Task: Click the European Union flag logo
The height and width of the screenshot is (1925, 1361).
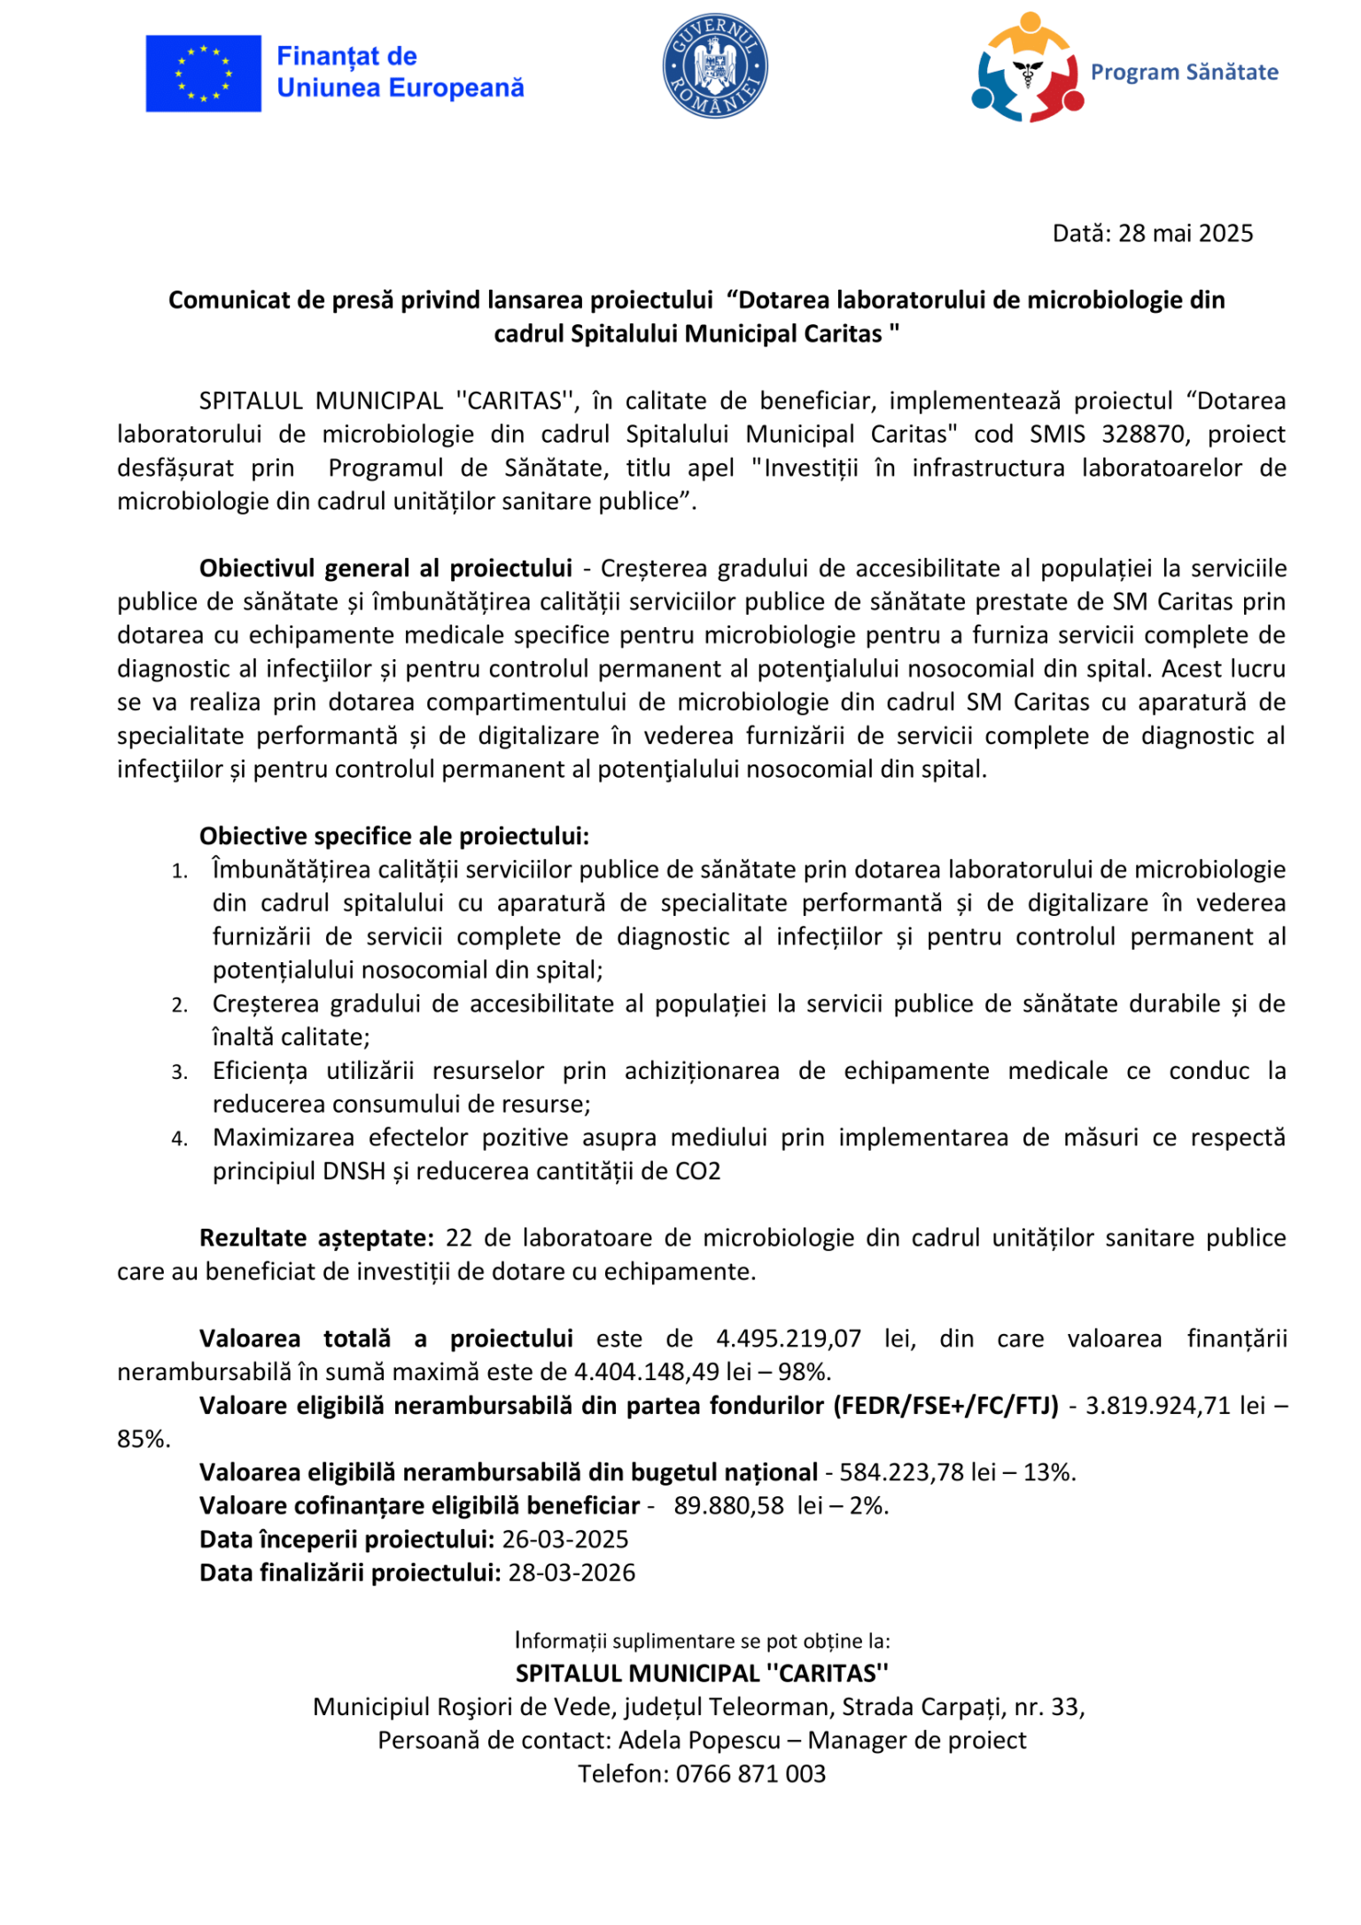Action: (x=203, y=74)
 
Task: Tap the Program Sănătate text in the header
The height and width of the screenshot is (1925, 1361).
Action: (x=1184, y=72)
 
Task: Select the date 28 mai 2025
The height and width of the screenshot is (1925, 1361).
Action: (x=1185, y=233)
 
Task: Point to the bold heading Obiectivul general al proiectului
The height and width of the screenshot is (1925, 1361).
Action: (x=385, y=568)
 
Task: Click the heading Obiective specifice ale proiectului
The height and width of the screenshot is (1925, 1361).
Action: (x=393, y=835)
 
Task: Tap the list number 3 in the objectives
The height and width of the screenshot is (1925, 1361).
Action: (x=180, y=1072)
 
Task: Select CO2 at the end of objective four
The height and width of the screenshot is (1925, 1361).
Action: (x=697, y=1171)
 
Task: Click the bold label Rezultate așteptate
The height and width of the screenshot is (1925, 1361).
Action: (x=316, y=1238)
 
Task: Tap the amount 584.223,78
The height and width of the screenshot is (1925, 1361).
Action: (x=900, y=1472)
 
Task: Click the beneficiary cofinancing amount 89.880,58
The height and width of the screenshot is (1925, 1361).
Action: (x=728, y=1506)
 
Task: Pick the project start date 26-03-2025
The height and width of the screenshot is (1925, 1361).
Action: (x=565, y=1540)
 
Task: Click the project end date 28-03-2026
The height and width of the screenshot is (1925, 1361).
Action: (x=572, y=1573)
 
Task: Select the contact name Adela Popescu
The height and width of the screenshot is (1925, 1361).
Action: (x=699, y=1741)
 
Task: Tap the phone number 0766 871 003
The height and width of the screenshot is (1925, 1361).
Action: (x=750, y=1774)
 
